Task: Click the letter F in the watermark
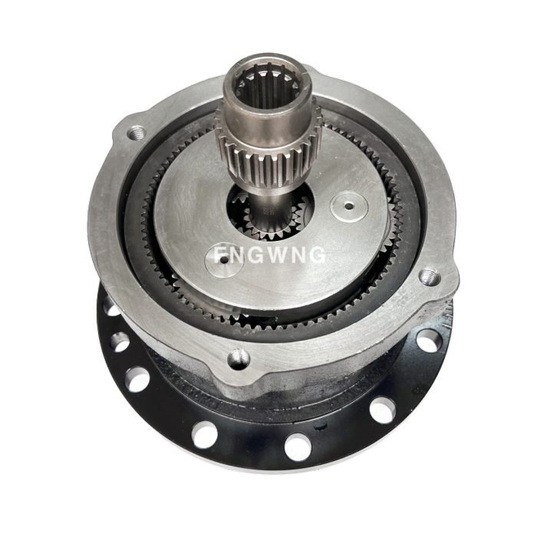220,254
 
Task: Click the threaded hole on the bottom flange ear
239,356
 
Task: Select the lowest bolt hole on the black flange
298,446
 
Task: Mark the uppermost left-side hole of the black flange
114,311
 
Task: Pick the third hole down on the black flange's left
137,378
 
